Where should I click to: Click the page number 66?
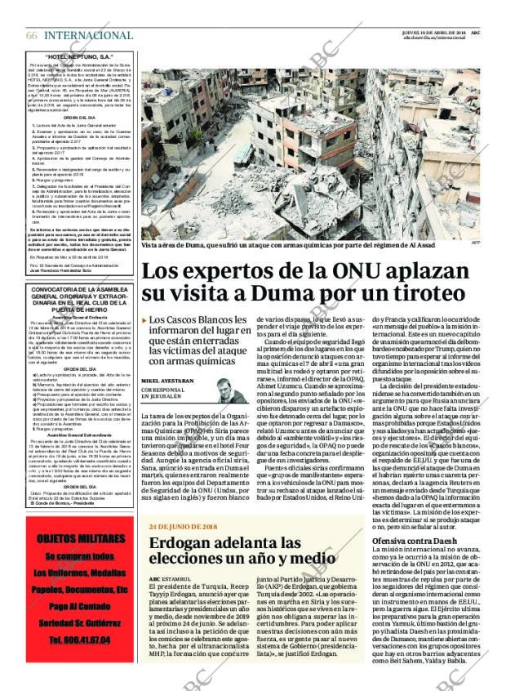pyautogui.click(x=31, y=35)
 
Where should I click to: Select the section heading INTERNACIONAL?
pyautogui.click(x=88, y=35)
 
